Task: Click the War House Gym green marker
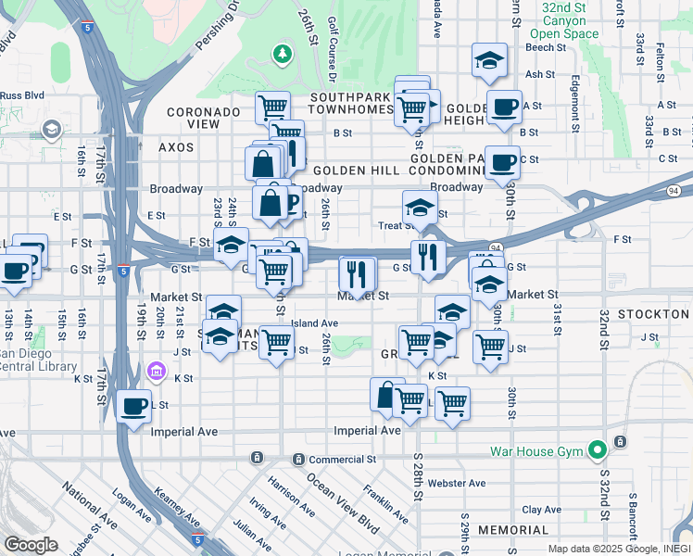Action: (x=598, y=451)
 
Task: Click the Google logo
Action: (x=30, y=545)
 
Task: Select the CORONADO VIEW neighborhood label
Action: (x=206, y=118)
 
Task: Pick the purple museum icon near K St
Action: (x=157, y=373)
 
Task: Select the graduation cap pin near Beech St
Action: (x=490, y=61)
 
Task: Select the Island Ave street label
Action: (x=314, y=323)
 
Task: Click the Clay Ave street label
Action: (x=542, y=510)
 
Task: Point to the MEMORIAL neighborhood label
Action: (x=514, y=530)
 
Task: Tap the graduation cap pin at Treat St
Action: (x=420, y=208)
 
